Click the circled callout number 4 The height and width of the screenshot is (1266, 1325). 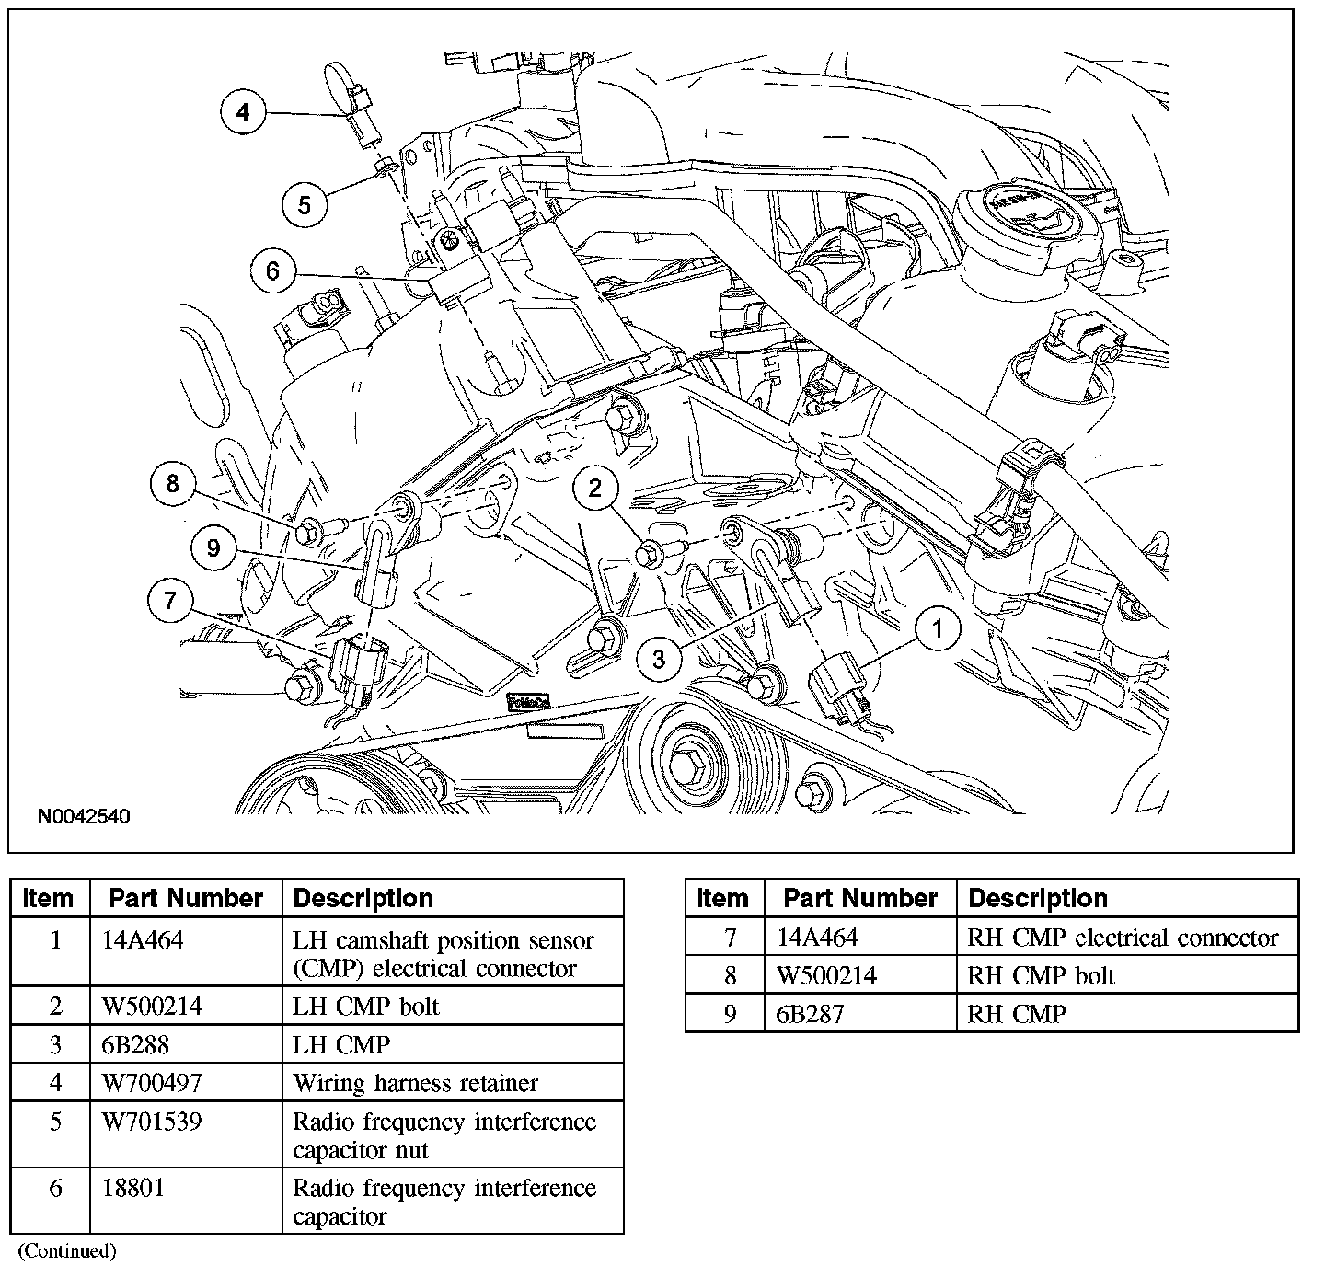(x=242, y=112)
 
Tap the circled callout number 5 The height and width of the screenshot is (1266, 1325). (x=305, y=204)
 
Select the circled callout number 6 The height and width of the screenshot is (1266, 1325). (x=272, y=271)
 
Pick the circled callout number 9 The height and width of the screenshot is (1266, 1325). (x=213, y=548)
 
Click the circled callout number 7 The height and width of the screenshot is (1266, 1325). (x=169, y=601)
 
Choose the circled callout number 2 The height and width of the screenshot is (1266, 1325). (x=595, y=488)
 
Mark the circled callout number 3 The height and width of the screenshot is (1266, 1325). (x=659, y=659)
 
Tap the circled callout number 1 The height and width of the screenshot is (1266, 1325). (x=938, y=629)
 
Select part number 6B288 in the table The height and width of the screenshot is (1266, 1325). (x=135, y=1045)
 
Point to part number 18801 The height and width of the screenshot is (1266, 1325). (x=132, y=1188)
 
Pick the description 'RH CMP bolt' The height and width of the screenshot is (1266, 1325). (x=1041, y=975)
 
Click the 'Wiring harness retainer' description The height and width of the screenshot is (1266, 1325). (x=415, y=1083)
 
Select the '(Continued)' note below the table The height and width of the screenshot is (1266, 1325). (x=67, y=1250)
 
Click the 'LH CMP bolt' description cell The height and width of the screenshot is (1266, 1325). (x=365, y=1007)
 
